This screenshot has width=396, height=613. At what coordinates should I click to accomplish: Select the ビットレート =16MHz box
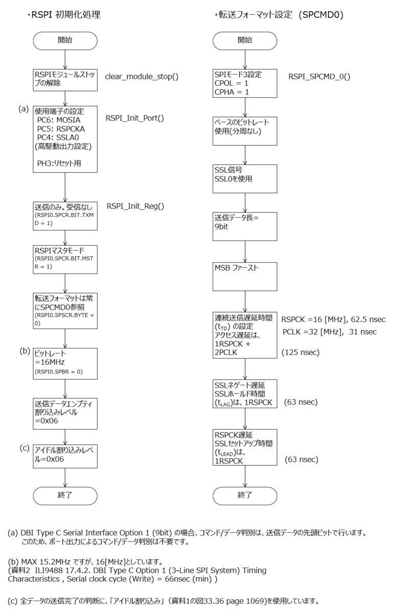pyautogui.click(x=65, y=363)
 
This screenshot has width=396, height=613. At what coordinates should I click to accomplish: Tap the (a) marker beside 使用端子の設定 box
pyautogui.click(x=24, y=109)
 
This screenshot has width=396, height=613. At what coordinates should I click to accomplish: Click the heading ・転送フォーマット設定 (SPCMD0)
pyautogui.click(x=279, y=15)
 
